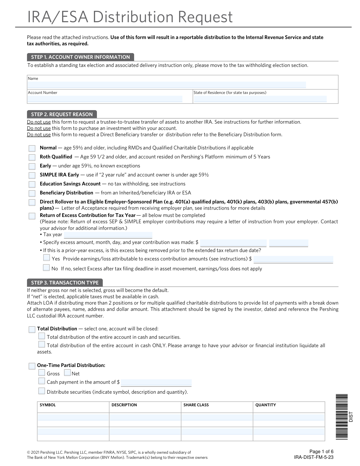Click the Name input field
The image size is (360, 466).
166,85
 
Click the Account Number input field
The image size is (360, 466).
105,99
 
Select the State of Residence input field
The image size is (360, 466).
260,99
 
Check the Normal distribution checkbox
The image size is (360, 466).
32,148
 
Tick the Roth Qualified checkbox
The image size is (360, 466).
32,157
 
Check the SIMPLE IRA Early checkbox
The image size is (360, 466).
32,175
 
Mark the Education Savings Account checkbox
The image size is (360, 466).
32,184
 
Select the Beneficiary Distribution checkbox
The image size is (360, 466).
32,193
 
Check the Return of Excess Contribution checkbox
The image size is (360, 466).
32,216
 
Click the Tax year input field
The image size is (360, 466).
108,235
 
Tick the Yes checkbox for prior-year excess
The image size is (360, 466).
46,258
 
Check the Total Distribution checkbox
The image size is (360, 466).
32,329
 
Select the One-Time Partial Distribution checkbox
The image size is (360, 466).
32,366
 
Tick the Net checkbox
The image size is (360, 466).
67,373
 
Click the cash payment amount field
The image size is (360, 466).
156,383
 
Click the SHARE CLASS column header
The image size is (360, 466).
196,405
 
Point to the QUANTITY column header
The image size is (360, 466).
265,405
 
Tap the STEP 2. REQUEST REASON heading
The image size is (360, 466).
62,114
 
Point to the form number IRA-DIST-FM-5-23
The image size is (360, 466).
314,457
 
